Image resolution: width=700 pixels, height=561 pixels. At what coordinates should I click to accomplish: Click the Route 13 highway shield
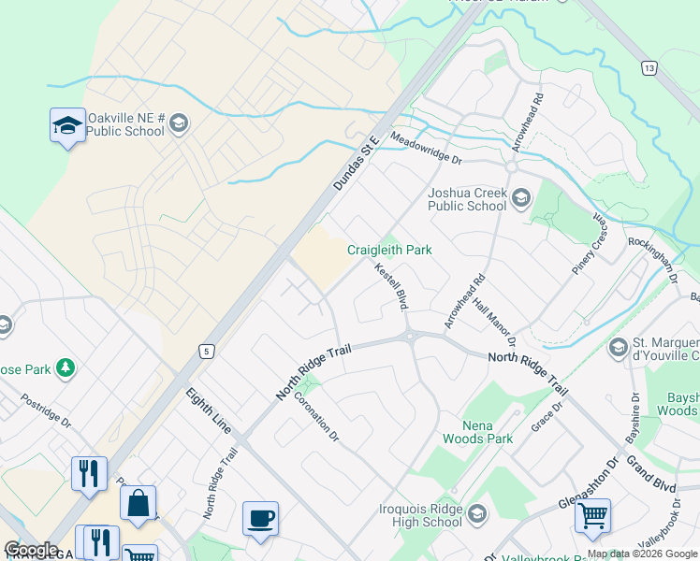coord(648,67)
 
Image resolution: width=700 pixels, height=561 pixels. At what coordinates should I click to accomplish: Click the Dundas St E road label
coord(356,162)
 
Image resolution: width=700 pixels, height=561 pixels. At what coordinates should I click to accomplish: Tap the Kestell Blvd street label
coord(392,286)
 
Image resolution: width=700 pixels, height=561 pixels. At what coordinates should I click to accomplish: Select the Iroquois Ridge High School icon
coord(477,515)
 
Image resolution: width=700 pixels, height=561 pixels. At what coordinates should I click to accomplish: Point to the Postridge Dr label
coord(47,410)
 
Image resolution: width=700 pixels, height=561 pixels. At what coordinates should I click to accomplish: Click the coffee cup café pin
coord(260,518)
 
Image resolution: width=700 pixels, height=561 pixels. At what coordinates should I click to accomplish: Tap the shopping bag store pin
coord(138,503)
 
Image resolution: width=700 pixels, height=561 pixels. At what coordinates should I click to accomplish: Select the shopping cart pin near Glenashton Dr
coord(592,515)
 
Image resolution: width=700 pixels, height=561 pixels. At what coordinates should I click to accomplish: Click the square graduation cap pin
coord(67,127)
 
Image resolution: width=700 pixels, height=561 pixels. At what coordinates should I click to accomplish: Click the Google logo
coord(31,550)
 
